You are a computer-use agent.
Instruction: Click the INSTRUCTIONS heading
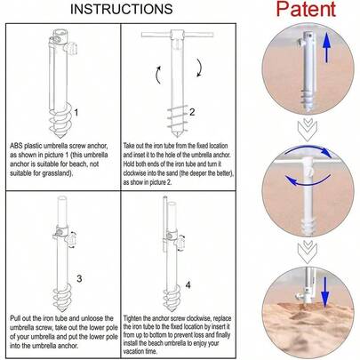122,9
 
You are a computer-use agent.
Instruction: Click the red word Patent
306,9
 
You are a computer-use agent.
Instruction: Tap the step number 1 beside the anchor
76,113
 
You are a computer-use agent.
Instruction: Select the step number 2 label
192,112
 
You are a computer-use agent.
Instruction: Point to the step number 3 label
79,278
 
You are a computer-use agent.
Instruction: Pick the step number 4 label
188,285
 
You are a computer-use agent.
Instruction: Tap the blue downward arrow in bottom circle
325,292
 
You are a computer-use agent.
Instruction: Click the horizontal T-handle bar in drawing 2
178,35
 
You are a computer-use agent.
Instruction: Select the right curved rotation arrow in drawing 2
200,68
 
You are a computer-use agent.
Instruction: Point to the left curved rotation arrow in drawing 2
158,75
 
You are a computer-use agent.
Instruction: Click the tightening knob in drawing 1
73,49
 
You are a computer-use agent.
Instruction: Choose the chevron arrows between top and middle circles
308,130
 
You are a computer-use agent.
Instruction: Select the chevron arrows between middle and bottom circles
308,252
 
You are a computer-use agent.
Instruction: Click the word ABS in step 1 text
16,146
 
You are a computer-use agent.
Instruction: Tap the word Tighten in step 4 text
132,318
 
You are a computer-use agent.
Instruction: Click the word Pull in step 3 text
15,318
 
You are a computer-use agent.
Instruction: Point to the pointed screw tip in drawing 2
177,135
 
